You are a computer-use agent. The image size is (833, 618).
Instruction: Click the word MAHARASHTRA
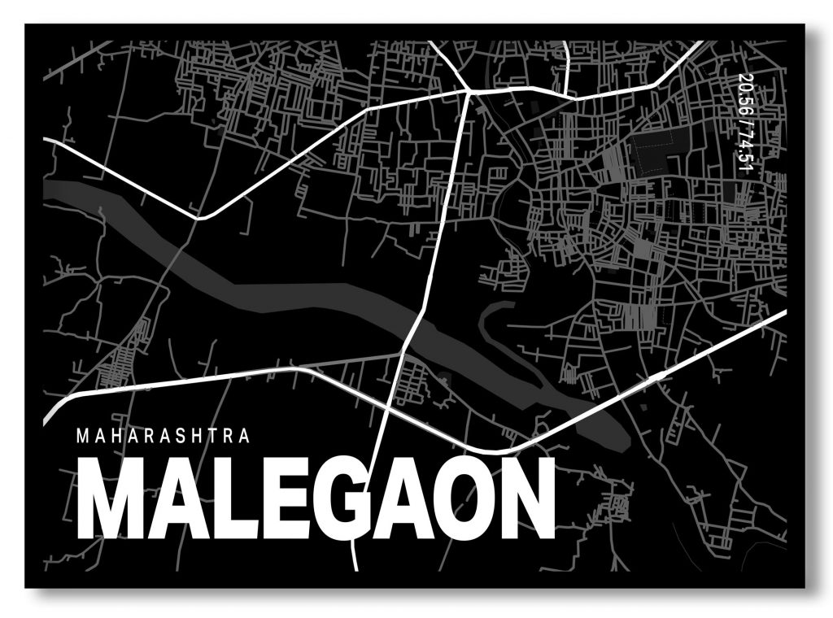(163, 435)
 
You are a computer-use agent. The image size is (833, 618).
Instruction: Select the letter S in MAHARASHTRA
(177, 435)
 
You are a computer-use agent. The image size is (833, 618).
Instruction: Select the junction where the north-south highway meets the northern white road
(469, 91)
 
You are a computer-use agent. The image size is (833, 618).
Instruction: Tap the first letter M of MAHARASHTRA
(81, 435)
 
